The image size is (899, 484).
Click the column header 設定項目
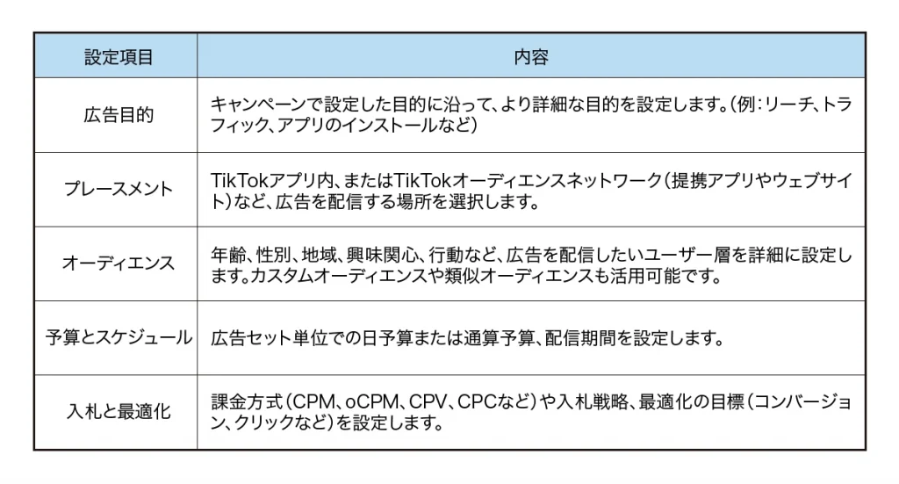(119, 57)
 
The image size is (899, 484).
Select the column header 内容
(531, 57)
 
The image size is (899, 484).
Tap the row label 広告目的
(119, 115)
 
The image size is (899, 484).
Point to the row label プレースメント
(119, 189)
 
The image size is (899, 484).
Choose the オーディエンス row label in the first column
(119, 264)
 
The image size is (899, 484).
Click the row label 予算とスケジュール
(119, 337)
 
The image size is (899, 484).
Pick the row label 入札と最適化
(119, 411)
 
